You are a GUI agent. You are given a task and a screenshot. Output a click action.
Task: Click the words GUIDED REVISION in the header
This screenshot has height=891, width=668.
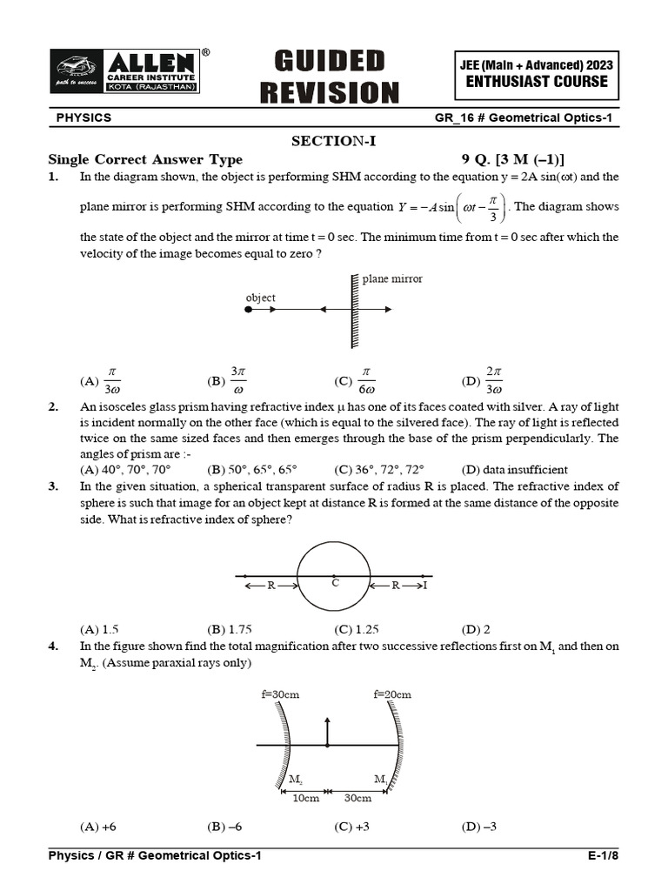(337, 77)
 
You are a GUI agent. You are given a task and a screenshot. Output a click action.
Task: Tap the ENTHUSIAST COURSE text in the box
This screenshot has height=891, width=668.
(537, 82)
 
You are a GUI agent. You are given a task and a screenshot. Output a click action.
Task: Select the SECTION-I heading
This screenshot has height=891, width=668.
(333, 141)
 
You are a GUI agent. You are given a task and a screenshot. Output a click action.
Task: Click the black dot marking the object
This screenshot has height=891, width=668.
(249, 309)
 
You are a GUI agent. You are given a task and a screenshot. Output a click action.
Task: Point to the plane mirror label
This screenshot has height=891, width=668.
(392, 279)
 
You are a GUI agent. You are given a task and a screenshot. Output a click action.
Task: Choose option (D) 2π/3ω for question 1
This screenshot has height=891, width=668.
(484, 380)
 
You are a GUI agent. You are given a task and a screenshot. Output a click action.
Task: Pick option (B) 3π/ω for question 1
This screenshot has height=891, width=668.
(229, 380)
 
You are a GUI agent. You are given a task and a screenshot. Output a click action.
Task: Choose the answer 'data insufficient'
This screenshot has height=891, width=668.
(524, 470)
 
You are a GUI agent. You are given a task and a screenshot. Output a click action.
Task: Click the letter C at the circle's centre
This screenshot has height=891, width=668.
(335, 583)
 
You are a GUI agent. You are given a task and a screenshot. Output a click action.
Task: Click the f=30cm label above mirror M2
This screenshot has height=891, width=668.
(280, 694)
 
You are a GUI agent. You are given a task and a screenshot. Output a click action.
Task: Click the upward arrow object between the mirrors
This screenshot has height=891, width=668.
(327, 731)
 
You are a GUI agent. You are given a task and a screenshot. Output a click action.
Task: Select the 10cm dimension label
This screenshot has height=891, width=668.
(305, 798)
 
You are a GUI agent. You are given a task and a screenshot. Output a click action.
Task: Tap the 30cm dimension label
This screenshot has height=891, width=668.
(357, 798)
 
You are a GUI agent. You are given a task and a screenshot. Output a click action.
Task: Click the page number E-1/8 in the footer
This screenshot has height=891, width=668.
(603, 856)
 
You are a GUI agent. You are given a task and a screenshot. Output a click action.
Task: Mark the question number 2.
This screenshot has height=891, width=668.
(53, 406)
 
